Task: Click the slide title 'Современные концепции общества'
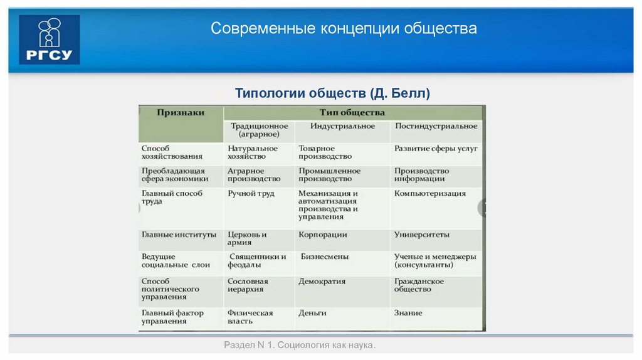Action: [x=344, y=29]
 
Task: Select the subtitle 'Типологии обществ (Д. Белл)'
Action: [x=332, y=93]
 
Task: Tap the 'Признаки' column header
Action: [x=181, y=113]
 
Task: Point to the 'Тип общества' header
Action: [x=352, y=113]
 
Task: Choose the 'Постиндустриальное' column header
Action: [x=436, y=126]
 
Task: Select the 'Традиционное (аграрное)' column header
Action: [x=258, y=130]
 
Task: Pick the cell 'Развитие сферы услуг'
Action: [x=436, y=149]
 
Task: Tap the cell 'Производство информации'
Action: [x=421, y=175]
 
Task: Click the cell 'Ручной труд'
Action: [x=251, y=194]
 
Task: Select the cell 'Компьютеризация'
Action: [x=430, y=194]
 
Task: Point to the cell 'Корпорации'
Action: [x=323, y=235]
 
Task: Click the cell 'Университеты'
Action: [x=421, y=235]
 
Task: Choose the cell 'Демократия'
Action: [x=322, y=282]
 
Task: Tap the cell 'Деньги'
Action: [x=312, y=313]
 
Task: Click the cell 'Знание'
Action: [x=408, y=313]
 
